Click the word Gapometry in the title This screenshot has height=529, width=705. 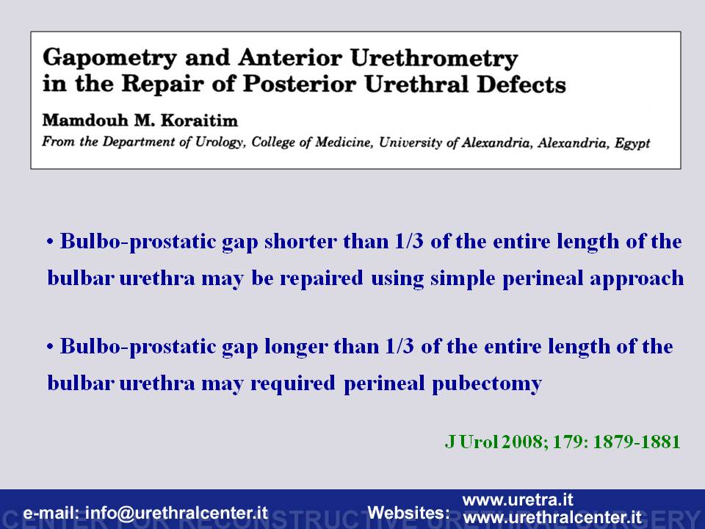pos(109,59)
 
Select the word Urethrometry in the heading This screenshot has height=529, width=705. pos(434,59)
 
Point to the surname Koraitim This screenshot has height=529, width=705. pos(199,120)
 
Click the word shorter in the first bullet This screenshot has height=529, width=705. pos(300,242)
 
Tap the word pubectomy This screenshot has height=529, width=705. pos(487,384)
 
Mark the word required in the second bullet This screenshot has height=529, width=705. pos(293,384)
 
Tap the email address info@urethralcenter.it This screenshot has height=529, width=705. pos(176,513)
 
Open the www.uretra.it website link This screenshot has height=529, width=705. pos(518,500)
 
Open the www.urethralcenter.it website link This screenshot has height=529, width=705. pos(552,517)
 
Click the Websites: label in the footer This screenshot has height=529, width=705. pos(409,513)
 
